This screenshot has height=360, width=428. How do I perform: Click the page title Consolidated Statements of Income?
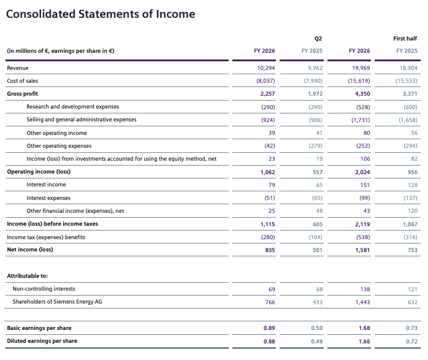coord(101,14)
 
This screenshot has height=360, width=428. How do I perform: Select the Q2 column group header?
coord(318,39)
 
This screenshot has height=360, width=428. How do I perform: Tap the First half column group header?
coord(405,39)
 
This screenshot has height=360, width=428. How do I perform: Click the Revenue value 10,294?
coord(266,68)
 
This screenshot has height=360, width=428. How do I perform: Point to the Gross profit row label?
coord(23,94)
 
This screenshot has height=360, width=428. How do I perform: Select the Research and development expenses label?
coord(72,107)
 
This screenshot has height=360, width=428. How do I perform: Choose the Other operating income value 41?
coord(319,133)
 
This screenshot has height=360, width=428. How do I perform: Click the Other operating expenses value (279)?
coord(315,146)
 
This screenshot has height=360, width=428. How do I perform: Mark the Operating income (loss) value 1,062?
coord(267,172)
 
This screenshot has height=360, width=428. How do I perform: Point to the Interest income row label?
coord(46,185)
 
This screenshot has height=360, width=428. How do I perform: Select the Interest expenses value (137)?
coord(410,198)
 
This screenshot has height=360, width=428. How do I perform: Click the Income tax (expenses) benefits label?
coord(46,237)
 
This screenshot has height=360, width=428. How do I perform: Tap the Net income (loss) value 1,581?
coord(362,250)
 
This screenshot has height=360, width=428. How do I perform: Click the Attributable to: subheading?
coord(28,276)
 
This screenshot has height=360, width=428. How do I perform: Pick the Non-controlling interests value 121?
coord(413,289)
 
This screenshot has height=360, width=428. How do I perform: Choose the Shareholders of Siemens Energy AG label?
coord(57,302)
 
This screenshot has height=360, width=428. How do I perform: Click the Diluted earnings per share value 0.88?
coord(269,342)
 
